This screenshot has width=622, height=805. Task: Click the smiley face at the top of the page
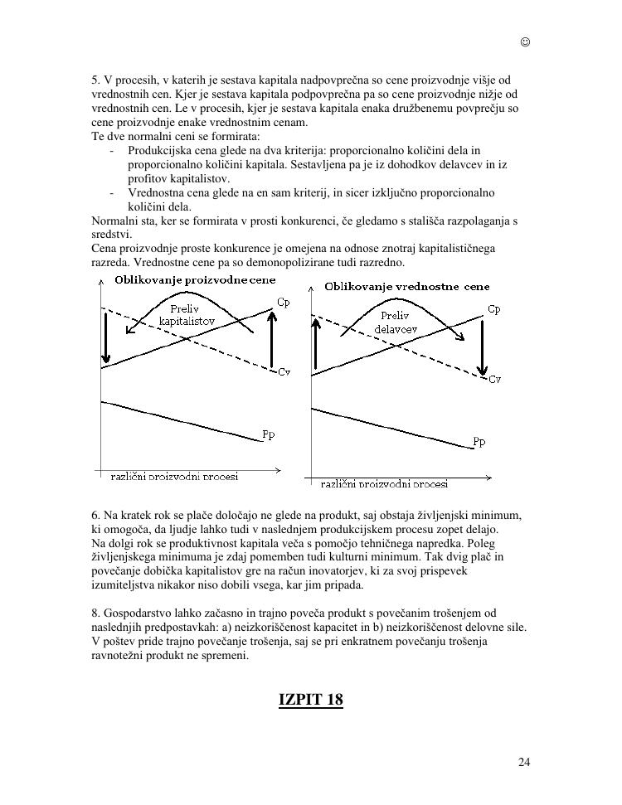tap(525, 42)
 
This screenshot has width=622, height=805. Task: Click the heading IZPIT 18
tap(310, 699)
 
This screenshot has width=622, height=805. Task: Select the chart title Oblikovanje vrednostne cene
tap(406, 287)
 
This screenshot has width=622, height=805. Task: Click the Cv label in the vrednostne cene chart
tap(494, 379)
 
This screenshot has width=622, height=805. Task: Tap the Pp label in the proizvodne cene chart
tap(268, 434)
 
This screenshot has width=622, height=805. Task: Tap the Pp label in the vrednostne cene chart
tap(479, 442)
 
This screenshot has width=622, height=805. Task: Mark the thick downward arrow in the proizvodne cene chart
tap(105, 336)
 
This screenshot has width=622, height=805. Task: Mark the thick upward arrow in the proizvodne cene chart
tap(271, 340)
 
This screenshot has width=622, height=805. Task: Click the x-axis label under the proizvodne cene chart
tap(174, 477)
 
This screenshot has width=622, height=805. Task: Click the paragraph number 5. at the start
tap(95, 80)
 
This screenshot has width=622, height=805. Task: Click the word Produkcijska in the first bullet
tap(158, 151)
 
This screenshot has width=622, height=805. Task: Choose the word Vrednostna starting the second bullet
tap(155, 193)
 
